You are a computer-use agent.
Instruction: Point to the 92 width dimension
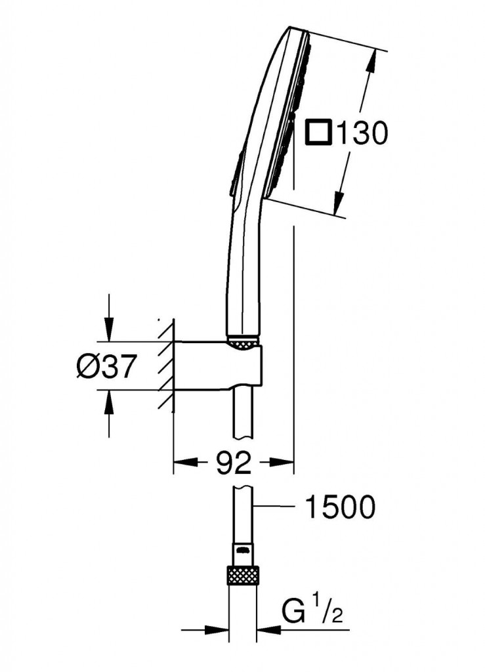[x=234, y=464]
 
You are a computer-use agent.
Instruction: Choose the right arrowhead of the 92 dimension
[x=285, y=464]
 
